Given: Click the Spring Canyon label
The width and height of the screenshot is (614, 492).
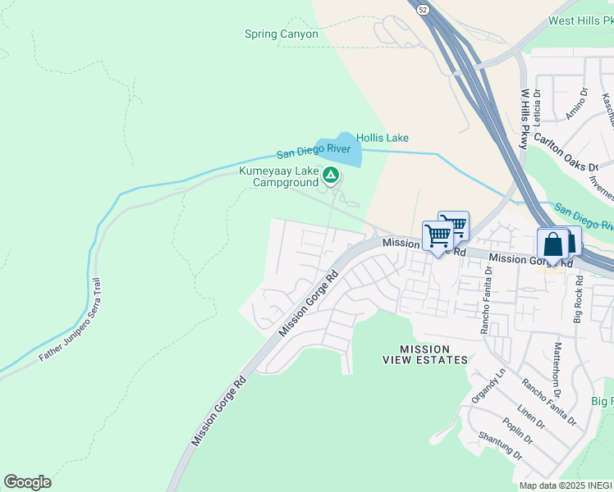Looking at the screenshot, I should click(x=281, y=34).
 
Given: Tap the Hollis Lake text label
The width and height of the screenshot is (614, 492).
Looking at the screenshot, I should click(x=382, y=139).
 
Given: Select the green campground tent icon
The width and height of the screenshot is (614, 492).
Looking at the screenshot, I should click(x=330, y=174).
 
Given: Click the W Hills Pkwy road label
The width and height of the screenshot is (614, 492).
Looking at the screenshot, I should click(x=524, y=119).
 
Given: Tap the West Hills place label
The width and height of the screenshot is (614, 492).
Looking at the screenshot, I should click(x=580, y=21).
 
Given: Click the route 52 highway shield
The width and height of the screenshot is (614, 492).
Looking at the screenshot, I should click(x=421, y=9).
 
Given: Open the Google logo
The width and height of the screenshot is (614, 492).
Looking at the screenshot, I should click(x=27, y=482).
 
